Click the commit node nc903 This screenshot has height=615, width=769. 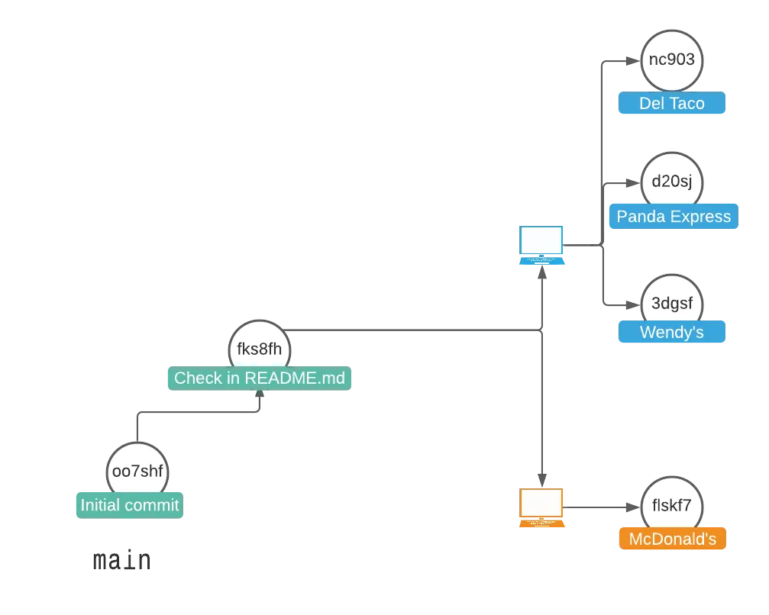671,60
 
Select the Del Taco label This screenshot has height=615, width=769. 671,104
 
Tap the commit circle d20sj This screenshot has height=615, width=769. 671,182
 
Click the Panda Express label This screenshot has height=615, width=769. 674,217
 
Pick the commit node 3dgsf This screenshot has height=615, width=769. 671,304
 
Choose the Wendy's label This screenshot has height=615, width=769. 671,333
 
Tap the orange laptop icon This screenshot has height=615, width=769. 542,508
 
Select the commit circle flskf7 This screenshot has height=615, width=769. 671,506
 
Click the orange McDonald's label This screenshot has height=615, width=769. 671,539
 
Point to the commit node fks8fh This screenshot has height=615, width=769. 260,349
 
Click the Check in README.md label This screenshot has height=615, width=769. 260,378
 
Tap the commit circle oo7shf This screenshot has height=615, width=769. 137,471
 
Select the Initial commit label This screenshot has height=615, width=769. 129,505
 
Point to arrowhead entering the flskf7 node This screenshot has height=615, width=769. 632,507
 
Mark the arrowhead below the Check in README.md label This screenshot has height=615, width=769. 261,398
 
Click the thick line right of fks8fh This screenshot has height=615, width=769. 412,329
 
